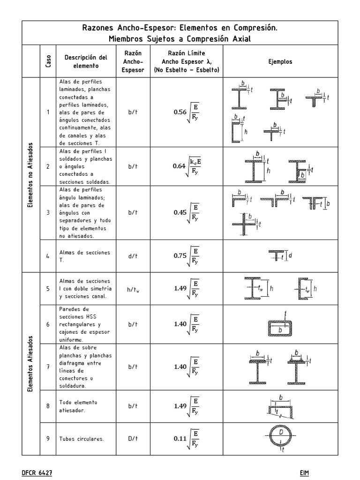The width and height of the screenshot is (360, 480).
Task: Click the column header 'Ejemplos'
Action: coord(280,61)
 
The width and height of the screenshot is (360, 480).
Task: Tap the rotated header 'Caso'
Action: coord(48,61)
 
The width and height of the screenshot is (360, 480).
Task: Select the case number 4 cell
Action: coord(48,256)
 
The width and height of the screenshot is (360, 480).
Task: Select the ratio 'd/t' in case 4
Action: coord(133,256)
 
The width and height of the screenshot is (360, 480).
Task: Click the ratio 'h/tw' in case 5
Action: coord(133,289)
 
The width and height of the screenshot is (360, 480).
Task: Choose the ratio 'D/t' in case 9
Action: coord(133,439)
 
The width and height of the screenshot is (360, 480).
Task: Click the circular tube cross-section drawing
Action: coord(280,437)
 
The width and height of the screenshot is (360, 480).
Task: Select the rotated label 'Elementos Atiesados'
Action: coord(30,364)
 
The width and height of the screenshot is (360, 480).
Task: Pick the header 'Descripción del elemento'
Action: coord(86,61)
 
